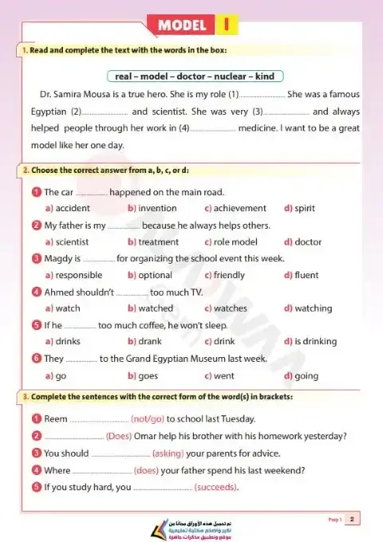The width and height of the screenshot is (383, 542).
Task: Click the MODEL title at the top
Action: (x=182, y=26)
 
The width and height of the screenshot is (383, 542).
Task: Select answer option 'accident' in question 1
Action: (x=73, y=208)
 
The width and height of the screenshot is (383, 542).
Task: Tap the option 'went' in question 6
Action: (x=223, y=375)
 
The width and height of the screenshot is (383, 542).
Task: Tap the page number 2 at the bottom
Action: (x=351, y=519)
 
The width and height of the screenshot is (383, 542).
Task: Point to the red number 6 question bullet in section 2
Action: (x=36, y=359)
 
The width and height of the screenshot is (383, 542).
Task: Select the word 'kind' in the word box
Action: (x=265, y=77)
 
